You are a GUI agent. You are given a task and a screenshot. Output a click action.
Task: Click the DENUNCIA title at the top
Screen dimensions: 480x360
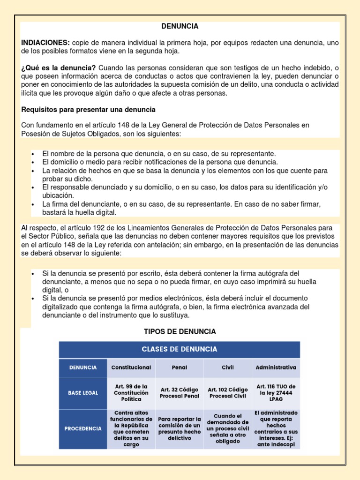pos(180,26)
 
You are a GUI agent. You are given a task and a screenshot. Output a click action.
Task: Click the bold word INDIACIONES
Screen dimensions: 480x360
pos(45,43)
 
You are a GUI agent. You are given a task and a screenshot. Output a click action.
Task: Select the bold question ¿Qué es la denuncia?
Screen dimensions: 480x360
pos(59,68)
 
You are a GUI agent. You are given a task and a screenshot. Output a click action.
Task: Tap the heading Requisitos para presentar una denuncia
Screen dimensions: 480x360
pos(89,109)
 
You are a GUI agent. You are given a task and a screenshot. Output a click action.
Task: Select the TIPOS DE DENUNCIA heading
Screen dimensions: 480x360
pos(180,331)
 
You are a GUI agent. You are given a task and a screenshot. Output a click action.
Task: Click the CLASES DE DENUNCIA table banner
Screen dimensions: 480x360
pos(180,349)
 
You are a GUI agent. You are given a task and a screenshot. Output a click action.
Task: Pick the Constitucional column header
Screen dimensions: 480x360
pos(131,367)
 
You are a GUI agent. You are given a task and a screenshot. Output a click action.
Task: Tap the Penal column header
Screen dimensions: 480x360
pos(180,367)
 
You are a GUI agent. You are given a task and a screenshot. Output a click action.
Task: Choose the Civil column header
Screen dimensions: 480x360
pos(227,367)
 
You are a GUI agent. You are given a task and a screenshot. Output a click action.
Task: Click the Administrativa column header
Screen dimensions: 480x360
pos(276,367)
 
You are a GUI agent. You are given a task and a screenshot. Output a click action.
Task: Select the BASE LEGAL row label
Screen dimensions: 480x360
pos(83,393)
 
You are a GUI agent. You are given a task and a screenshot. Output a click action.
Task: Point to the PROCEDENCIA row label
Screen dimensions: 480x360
pos(83,428)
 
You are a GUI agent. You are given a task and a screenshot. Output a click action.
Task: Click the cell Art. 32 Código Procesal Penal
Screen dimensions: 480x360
pos(180,393)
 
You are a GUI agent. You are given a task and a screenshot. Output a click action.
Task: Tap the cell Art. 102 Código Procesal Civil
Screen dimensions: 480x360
pos(227,393)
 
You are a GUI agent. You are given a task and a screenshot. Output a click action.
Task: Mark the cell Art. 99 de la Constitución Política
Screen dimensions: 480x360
pos(131,393)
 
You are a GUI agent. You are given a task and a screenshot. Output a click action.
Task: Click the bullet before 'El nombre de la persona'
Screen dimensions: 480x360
pos(32,154)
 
